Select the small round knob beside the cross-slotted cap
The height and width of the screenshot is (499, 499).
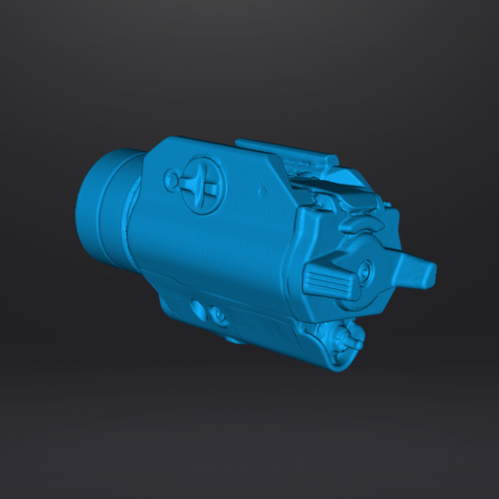click(x=171, y=180)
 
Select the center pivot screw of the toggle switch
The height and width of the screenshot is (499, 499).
click(x=367, y=272)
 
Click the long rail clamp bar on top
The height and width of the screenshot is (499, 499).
click(x=285, y=151)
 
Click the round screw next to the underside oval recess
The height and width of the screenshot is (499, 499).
click(x=219, y=315)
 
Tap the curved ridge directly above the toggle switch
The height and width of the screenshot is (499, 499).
click(x=371, y=230)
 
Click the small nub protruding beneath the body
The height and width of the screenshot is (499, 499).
click(x=234, y=338)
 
